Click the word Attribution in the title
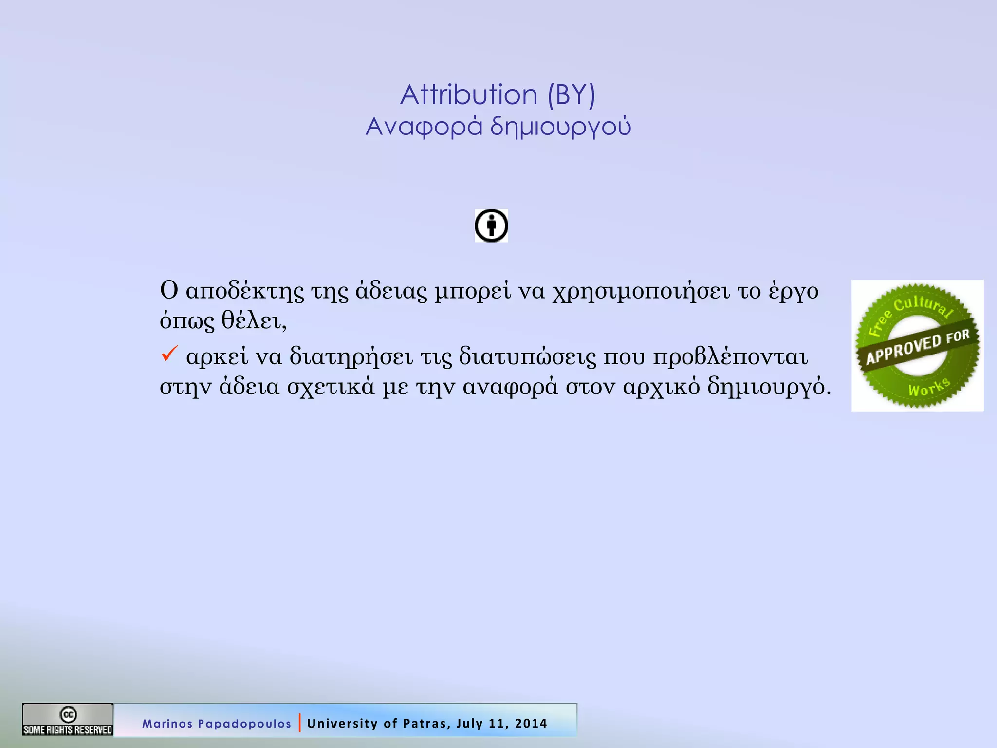pyautogui.click(x=468, y=94)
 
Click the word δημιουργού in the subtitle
pyautogui.click(x=560, y=127)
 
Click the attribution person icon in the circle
pyautogui.click(x=491, y=225)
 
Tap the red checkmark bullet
pyautogui.click(x=169, y=354)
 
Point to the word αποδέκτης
pyautogui.click(x=245, y=291)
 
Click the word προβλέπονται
pyautogui.click(x=730, y=357)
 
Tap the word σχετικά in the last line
pyautogui.click(x=331, y=387)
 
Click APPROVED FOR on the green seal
pyautogui.click(x=917, y=347)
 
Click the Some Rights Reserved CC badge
pyautogui.click(x=68, y=720)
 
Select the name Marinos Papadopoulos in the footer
pyautogui.click(x=216, y=724)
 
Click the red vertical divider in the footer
pyautogui.click(x=299, y=723)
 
